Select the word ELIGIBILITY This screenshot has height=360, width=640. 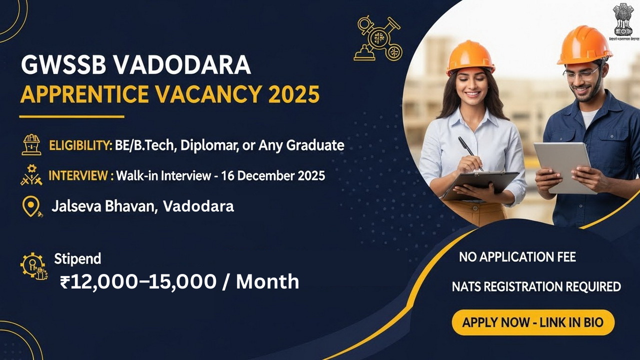80,145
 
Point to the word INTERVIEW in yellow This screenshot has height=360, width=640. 78,175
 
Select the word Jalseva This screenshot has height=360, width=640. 76,206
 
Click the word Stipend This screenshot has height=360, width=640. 77,258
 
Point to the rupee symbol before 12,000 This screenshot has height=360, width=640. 65,282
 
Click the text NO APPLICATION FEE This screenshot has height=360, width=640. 517,257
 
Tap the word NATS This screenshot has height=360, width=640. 467,286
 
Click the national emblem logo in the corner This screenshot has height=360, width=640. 623,22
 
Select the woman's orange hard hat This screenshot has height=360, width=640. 469,55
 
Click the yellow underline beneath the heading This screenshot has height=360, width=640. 71,116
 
